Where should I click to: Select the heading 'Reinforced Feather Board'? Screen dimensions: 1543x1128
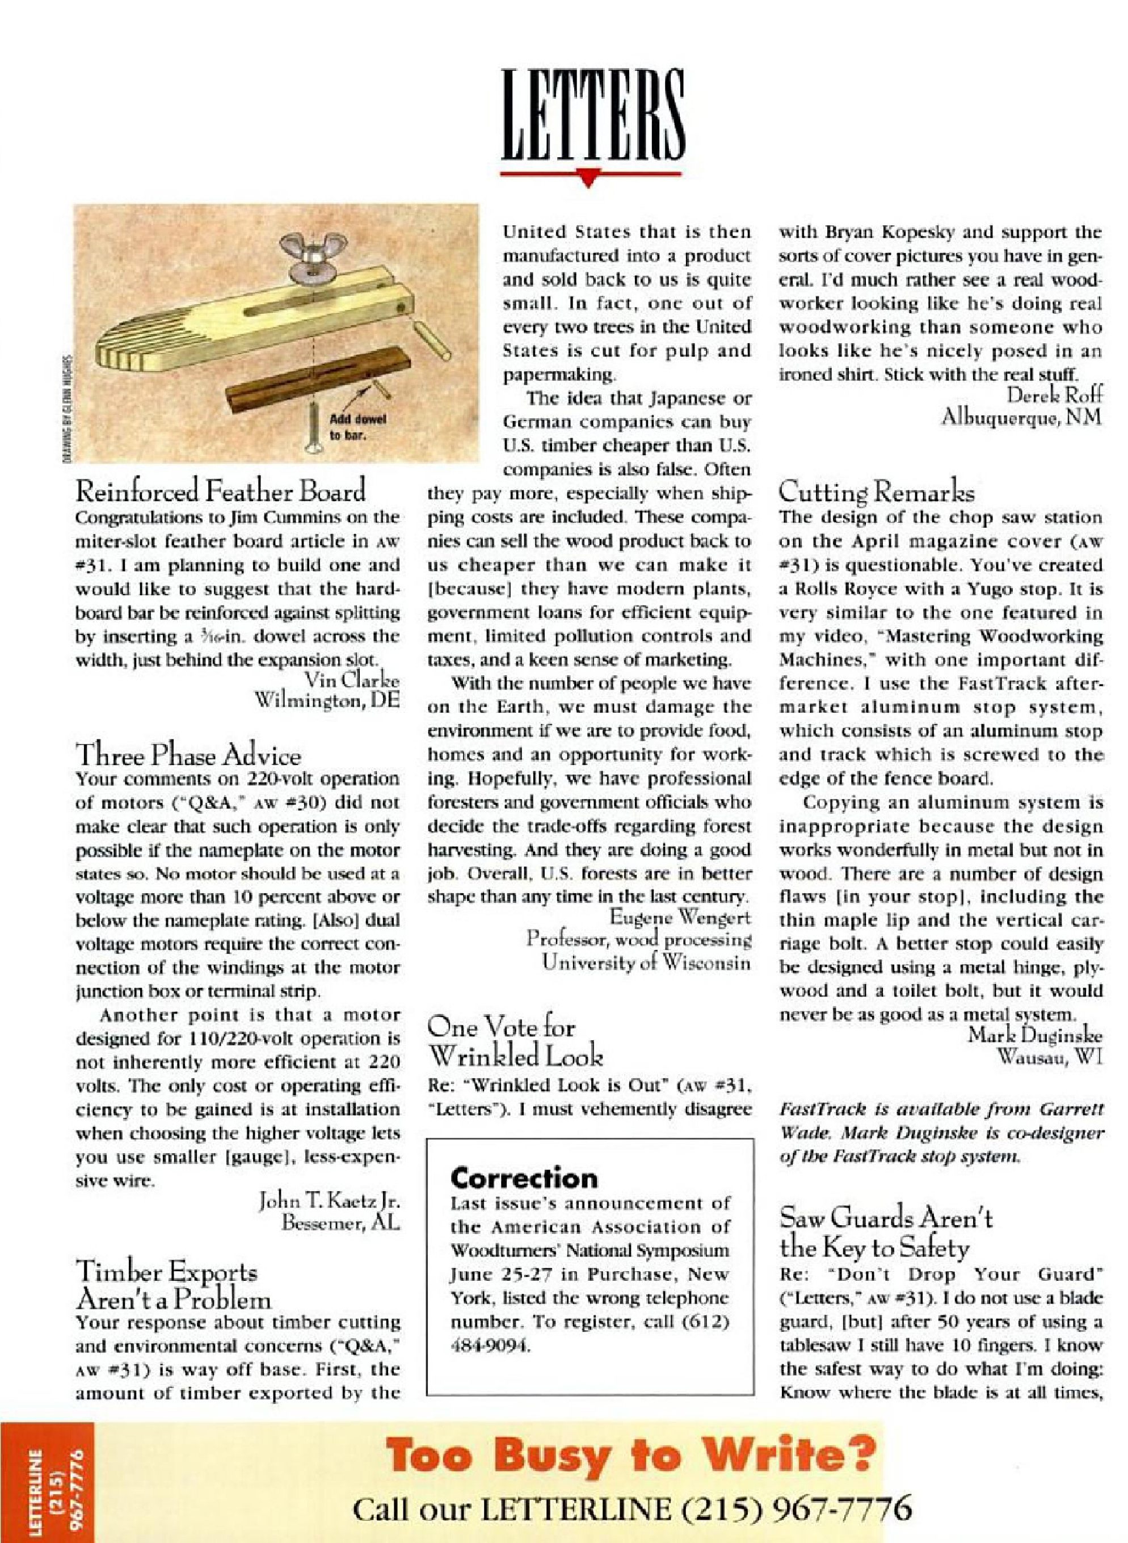click(221, 490)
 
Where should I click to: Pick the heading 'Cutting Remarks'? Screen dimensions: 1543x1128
click(877, 491)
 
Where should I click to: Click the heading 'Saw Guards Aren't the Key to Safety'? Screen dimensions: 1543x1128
click(886, 1233)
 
